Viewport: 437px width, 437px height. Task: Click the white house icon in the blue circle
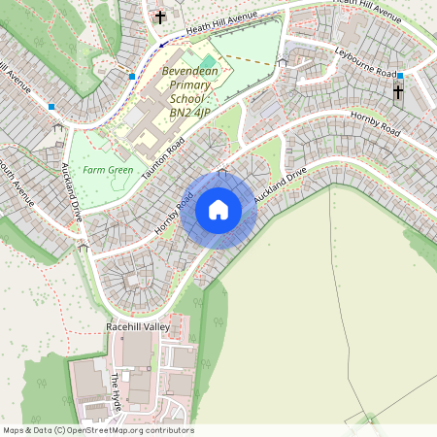point(218,210)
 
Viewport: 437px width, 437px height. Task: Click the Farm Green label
point(108,170)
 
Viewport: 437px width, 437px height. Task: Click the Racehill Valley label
point(138,327)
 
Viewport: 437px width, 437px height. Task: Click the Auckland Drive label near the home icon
point(281,185)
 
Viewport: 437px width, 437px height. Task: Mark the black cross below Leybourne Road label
point(397,92)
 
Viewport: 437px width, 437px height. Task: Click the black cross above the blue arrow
point(160,17)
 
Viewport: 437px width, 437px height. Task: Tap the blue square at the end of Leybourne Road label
point(400,75)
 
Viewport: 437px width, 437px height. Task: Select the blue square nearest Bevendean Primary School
point(132,76)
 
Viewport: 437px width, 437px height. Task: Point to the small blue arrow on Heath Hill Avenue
point(163,44)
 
